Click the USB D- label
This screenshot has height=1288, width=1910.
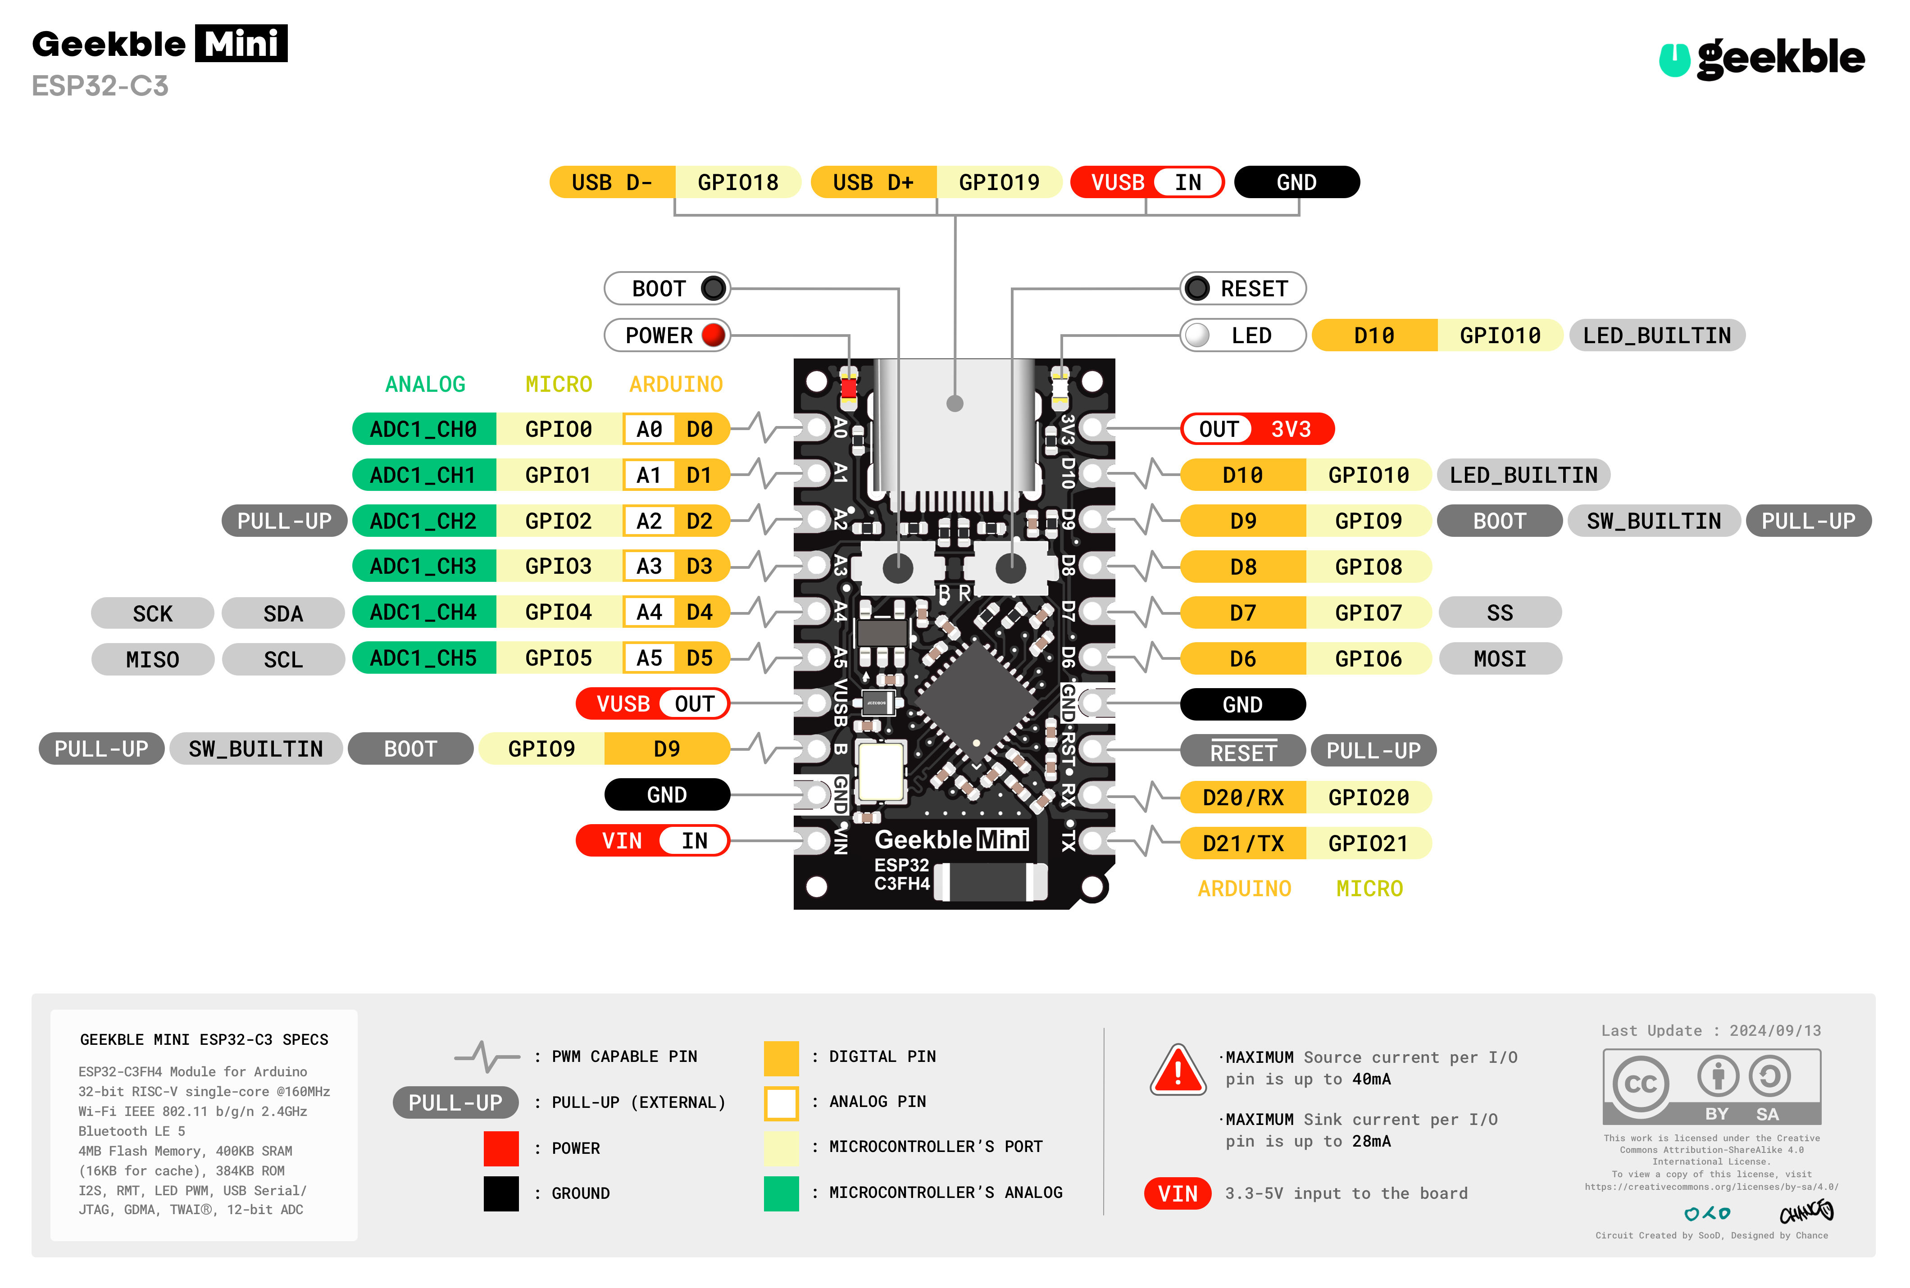[x=612, y=182]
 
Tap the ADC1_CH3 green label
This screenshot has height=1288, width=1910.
[x=423, y=566]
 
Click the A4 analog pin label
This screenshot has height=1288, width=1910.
[x=649, y=612]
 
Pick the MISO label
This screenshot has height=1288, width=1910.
[x=153, y=660]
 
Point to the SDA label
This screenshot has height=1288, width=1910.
[x=283, y=614]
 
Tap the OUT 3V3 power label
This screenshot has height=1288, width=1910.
[x=1257, y=429]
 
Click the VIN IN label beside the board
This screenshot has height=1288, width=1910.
[x=653, y=840]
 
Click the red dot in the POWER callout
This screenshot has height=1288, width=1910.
[x=713, y=335]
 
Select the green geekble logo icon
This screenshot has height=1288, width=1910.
[x=1674, y=59]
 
